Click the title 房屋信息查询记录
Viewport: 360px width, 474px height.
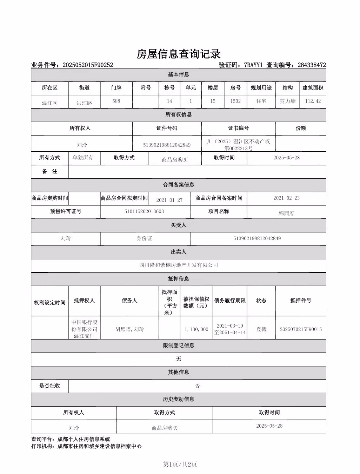pyautogui.click(x=179, y=54)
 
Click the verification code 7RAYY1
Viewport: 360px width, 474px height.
pyautogui.click(x=253, y=65)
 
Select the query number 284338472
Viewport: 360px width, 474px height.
pyautogui.click(x=312, y=65)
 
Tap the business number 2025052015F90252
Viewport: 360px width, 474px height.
pyautogui.click(x=87, y=65)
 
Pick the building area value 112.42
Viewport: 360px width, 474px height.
pyautogui.click(x=313, y=101)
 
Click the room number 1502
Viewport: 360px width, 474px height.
pyautogui.click(x=235, y=101)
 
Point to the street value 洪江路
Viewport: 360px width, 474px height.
pyautogui.click(x=84, y=103)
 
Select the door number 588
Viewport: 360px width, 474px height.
pyautogui.click(x=116, y=101)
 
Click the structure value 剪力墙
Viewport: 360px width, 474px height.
pyautogui.click(x=287, y=101)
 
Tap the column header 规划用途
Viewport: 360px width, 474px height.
pyautogui.click(x=261, y=88)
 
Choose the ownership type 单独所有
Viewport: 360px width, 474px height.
pyautogui.click(x=83, y=158)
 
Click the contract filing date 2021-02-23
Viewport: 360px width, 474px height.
pyautogui.click(x=286, y=198)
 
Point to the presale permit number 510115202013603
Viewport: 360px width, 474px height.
pyautogui.click(x=144, y=211)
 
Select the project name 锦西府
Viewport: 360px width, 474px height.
pyautogui.click(x=286, y=213)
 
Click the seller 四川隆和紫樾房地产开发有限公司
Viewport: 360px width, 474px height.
pyautogui.click(x=179, y=265)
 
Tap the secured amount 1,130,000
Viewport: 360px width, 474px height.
pyautogui.click(x=196, y=329)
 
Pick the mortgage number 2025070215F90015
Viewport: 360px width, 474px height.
pyautogui.click(x=301, y=329)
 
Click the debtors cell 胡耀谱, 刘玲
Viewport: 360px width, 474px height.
pyautogui.click(x=129, y=329)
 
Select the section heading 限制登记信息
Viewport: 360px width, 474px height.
pyautogui.click(x=179, y=345)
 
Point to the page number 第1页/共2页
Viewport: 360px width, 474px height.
pyautogui.click(x=180, y=465)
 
